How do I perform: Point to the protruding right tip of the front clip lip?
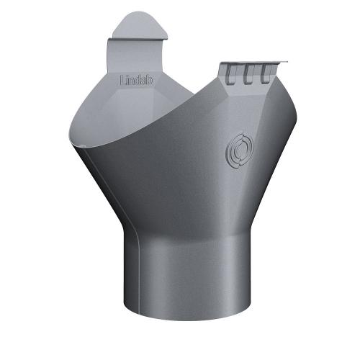[x=286, y=63]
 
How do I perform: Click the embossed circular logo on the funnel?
[x=238, y=148]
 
